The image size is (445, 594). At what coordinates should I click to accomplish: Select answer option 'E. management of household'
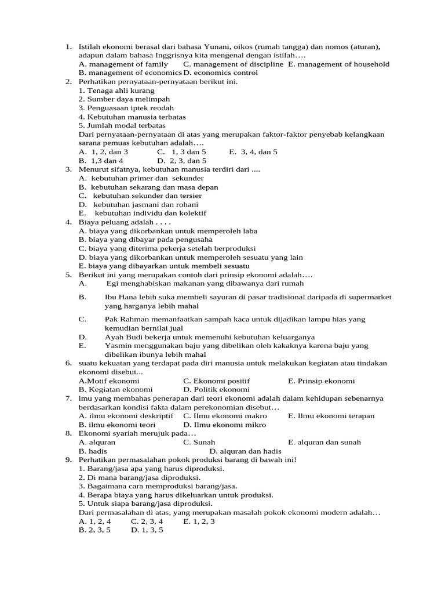(338, 64)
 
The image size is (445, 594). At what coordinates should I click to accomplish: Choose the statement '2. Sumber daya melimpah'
(116, 99)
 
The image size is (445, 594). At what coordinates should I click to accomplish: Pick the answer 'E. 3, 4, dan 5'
(253, 151)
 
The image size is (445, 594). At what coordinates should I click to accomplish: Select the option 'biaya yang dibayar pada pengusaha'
(145, 239)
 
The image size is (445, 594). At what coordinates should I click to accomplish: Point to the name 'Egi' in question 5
(113, 283)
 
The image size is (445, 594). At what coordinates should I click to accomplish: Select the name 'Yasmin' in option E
(118, 345)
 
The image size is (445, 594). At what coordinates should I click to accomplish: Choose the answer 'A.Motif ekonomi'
(109, 381)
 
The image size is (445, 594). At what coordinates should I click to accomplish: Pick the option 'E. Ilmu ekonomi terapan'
(331, 415)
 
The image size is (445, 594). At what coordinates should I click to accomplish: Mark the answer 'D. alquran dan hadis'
(245, 451)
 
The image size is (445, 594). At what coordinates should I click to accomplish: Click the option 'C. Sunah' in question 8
(199, 442)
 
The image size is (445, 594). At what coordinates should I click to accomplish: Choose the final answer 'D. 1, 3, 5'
(147, 530)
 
